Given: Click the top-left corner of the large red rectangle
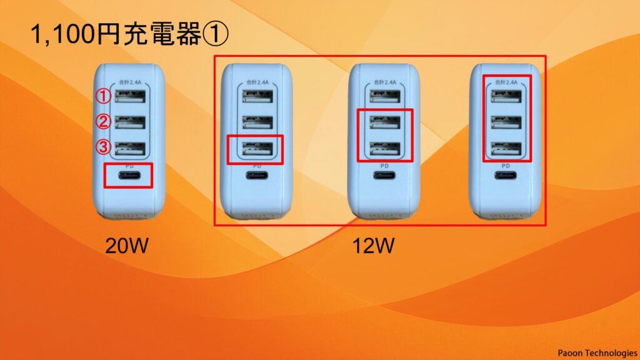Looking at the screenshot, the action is click(x=215, y=56).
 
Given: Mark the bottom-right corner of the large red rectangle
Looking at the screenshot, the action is click(x=546, y=225).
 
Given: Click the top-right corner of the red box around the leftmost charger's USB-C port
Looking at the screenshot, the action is click(x=152, y=164).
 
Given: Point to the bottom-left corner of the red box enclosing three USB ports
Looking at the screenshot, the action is click(x=484, y=161).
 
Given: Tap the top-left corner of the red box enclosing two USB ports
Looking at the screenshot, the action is click(x=357, y=109).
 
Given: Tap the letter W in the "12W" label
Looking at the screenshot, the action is click(x=384, y=246).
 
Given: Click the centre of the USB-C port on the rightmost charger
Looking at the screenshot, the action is click(x=505, y=176).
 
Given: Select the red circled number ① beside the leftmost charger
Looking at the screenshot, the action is click(x=103, y=96).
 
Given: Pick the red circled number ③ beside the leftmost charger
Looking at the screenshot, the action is click(x=103, y=146).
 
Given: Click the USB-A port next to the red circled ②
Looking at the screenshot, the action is click(x=130, y=122).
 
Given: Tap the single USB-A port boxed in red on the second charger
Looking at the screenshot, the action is click(x=257, y=149).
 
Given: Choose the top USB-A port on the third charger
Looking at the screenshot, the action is click(x=385, y=96).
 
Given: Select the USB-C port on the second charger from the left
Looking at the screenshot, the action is click(x=257, y=176).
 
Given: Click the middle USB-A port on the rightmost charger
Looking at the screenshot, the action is click(x=506, y=122).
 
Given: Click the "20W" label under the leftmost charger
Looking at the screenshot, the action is click(x=126, y=246).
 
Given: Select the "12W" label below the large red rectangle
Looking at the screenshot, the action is click(x=374, y=246).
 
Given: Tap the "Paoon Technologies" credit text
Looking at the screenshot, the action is click(x=597, y=352).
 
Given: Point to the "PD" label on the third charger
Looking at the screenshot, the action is click(x=384, y=166).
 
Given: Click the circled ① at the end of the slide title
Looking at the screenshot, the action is click(x=216, y=34).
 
